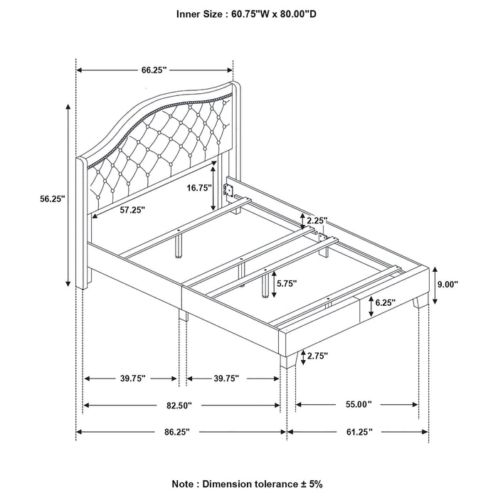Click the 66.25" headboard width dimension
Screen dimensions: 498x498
click(x=154, y=70)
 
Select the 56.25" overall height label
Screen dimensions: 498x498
click(x=53, y=200)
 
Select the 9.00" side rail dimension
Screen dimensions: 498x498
click(x=466, y=283)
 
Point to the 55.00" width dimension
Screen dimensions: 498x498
click(x=357, y=405)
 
